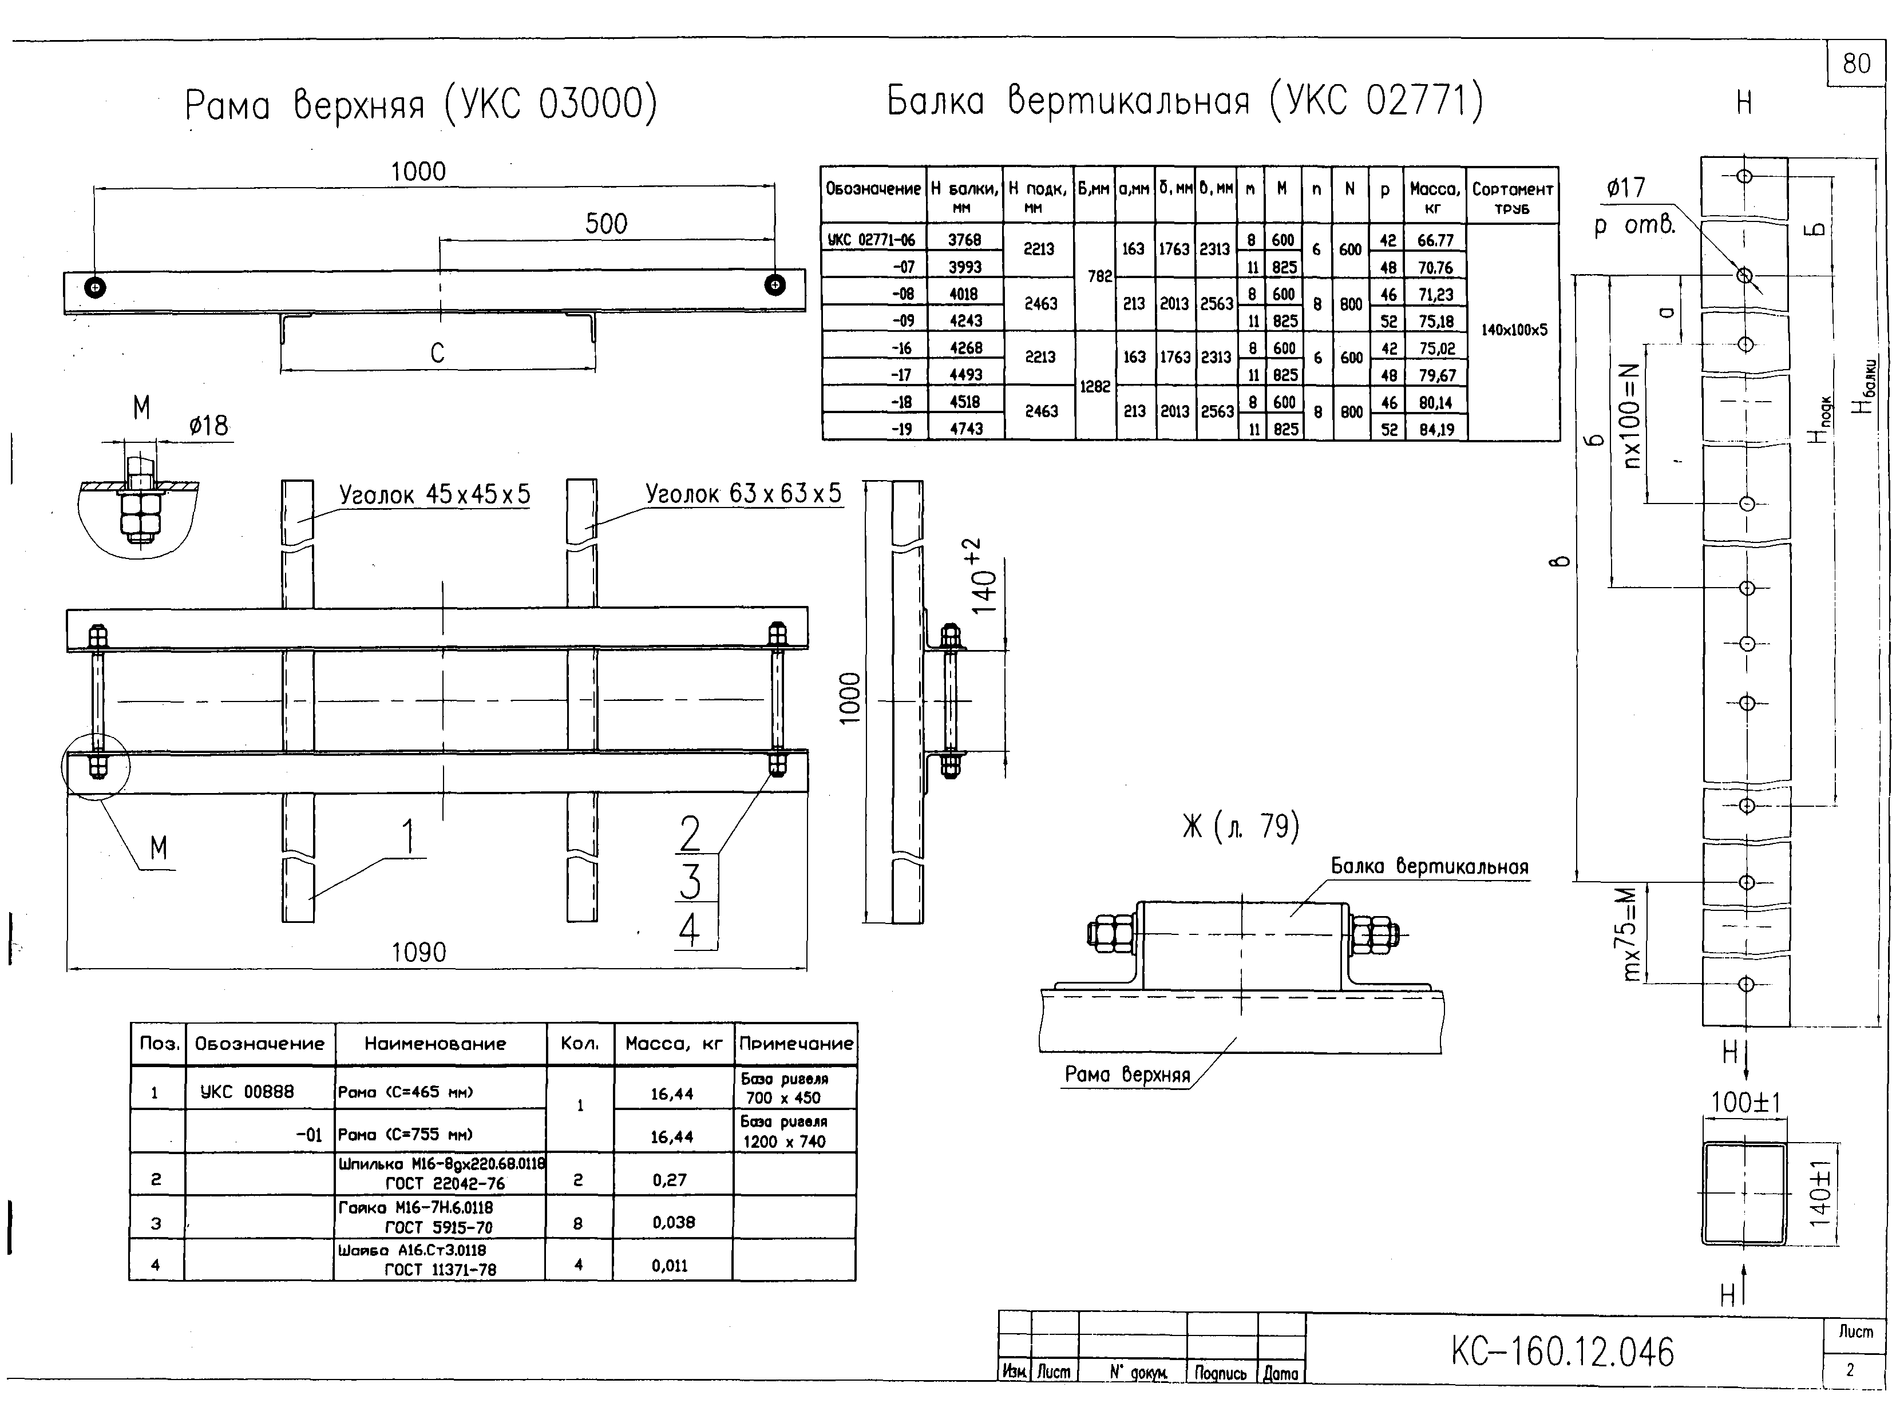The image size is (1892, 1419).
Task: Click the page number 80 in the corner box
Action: click(x=1856, y=64)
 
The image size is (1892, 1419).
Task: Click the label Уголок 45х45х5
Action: click(x=434, y=494)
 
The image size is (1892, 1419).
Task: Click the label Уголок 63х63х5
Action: click(x=743, y=494)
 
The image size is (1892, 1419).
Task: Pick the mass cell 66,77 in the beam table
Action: click(x=1435, y=240)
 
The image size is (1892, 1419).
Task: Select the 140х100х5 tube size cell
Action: click(x=1514, y=330)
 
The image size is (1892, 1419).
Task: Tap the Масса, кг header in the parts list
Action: click(x=674, y=1044)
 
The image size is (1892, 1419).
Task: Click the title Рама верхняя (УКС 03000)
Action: click(x=421, y=104)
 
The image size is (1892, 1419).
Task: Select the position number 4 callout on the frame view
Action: click(x=690, y=930)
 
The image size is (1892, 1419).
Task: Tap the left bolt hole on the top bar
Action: click(x=95, y=287)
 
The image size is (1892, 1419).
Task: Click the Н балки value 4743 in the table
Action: click(x=967, y=429)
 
